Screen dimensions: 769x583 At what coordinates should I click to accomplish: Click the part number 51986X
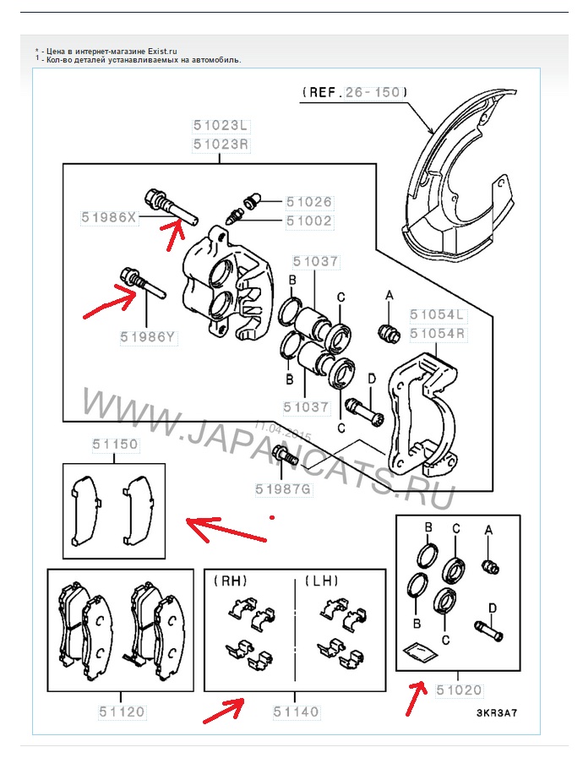pos(109,217)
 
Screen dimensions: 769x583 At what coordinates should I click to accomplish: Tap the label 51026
pos(308,203)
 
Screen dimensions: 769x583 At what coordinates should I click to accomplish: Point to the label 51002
pos(308,221)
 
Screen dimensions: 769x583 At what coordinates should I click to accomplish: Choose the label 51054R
pos(439,333)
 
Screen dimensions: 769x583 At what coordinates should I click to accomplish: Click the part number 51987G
pos(284,488)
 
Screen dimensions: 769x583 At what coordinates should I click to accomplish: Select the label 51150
pos(115,444)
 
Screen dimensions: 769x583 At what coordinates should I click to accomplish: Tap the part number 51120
pos(121,712)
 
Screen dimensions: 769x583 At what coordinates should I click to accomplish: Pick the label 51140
pos(296,712)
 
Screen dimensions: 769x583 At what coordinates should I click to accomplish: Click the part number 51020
pos(460,690)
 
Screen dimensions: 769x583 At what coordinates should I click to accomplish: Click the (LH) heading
pos(323,581)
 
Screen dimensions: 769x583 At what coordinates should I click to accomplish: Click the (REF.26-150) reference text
pos(354,91)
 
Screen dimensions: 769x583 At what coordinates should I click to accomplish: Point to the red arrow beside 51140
pos(224,709)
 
